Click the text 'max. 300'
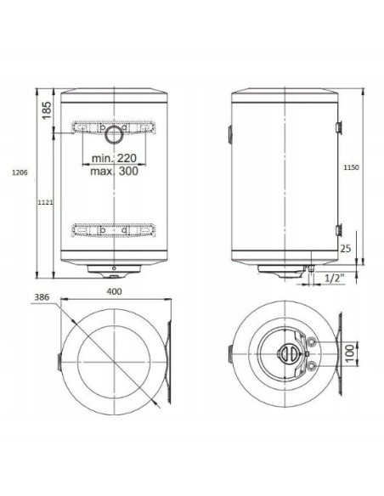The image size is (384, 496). click(x=115, y=171)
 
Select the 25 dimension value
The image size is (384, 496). click(x=344, y=249)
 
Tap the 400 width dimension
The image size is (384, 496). click(x=113, y=293)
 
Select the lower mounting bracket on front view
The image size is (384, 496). click(x=114, y=229)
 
